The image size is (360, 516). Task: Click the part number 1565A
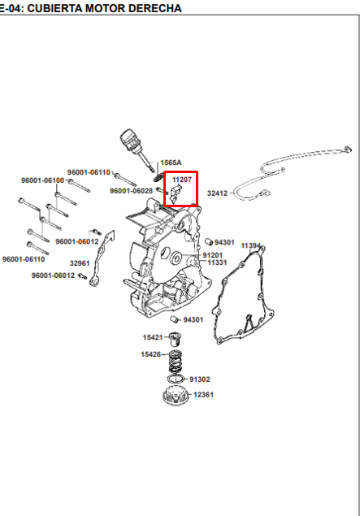click(x=171, y=163)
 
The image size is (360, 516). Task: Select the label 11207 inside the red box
click(x=182, y=180)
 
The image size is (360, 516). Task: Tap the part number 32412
click(x=217, y=193)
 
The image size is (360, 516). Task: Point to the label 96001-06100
click(x=43, y=180)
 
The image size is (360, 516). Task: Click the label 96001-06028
click(x=132, y=191)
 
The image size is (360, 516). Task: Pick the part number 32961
click(x=80, y=263)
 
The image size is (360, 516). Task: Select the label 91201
click(x=213, y=255)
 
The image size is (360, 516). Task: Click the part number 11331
click(x=217, y=262)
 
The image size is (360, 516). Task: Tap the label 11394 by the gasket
click(x=251, y=246)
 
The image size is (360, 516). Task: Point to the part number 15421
click(x=153, y=337)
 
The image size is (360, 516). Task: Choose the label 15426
click(x=151, y=354)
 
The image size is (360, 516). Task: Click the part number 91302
click(x=200, y=379)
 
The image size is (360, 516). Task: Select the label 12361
click(x=203, y=394)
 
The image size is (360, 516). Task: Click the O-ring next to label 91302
click(x=176, y=379)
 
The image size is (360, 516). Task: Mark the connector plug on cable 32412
click(x=265, y=192)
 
